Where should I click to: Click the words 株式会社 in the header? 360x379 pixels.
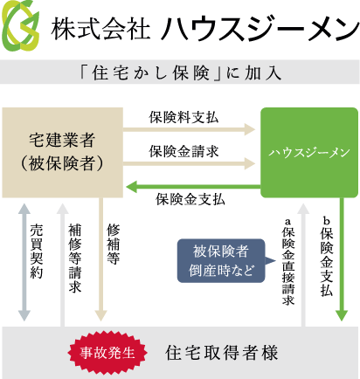click(100, 28)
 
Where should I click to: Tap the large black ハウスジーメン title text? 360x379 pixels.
click(260, 28)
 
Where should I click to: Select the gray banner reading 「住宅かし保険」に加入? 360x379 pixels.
click(180, 72)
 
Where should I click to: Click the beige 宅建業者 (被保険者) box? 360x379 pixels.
click(62, 153)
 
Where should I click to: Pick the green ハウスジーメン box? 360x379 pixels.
click(309, 153)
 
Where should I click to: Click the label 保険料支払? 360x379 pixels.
click(183, 118)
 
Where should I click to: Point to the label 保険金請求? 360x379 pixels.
click(183, 151)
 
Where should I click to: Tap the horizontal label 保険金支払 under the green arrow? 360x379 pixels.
click(190, 200)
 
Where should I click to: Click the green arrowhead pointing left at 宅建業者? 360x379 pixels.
click(132, 187)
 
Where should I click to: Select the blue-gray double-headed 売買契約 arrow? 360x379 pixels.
click(24, 262)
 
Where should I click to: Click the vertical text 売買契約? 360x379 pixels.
click(37, 252)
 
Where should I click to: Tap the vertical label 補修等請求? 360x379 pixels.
click(75, 258)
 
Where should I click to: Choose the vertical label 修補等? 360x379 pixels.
click(113, 244)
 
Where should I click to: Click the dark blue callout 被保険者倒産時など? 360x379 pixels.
click(221, 260)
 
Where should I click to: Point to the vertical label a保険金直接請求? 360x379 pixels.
click(288, 261)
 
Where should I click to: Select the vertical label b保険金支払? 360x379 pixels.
click(326, 257)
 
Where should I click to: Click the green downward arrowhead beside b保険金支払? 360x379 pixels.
click(342, 315)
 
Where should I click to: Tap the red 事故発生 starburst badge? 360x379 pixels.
click(107, 353)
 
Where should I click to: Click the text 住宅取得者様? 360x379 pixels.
click(221, 353)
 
